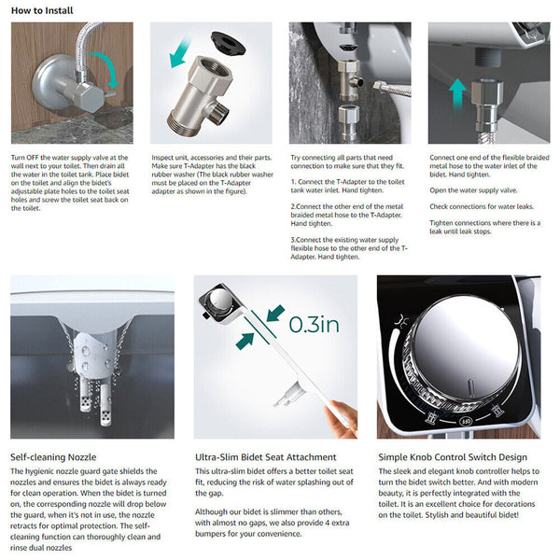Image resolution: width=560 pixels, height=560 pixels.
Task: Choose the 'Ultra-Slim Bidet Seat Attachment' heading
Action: (265, 456)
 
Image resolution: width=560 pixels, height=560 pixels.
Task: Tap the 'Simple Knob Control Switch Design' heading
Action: (453, 456)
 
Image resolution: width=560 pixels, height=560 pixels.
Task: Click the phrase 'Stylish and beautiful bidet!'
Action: (487, 515)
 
